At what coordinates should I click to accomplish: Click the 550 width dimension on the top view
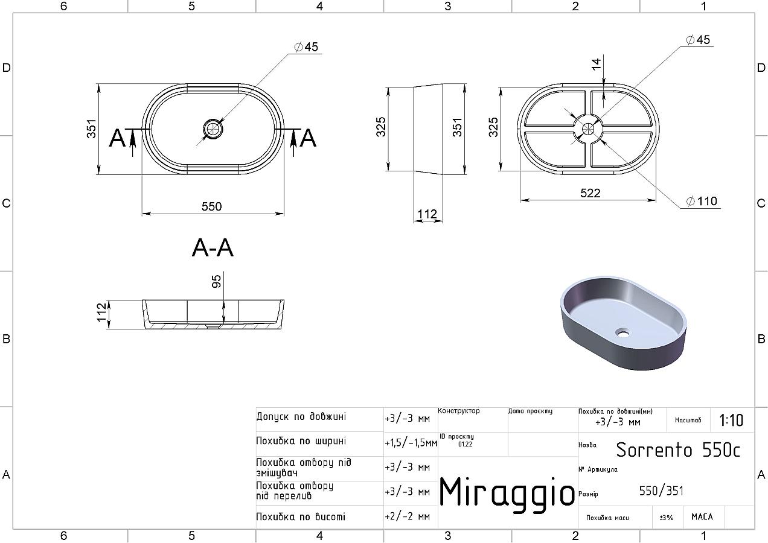(x=211, y=206)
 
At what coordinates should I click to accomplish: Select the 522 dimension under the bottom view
(x=590, y=193)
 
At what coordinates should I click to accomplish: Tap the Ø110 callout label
(x=702, y=201)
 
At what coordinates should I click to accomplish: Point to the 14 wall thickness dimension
(x=597, y=64)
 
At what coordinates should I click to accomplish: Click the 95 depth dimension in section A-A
(x=216, y=282)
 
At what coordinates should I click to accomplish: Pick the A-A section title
(x=213, y=248)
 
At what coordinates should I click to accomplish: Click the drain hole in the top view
(x=213, y=129)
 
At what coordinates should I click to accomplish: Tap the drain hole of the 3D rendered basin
(x=622, y=332)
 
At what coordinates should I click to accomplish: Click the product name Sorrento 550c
(x=678, y=450)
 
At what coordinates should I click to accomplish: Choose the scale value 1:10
(x=731, y=421)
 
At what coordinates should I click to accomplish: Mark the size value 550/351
(x=661, y=491)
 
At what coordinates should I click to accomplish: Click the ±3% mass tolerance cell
(x=667, y=518)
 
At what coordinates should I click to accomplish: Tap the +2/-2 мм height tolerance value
(x=408, y=516)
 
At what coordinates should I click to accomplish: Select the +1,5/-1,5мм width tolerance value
(x=411, y=443)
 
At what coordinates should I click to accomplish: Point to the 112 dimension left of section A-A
(x=102, y=312)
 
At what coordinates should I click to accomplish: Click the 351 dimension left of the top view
(x=92, y=129)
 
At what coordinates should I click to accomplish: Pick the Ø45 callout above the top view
(x=306, y=47)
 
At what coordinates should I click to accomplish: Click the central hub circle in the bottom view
(x=588, y=129)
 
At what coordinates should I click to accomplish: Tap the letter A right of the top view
(x=307, y=138)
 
